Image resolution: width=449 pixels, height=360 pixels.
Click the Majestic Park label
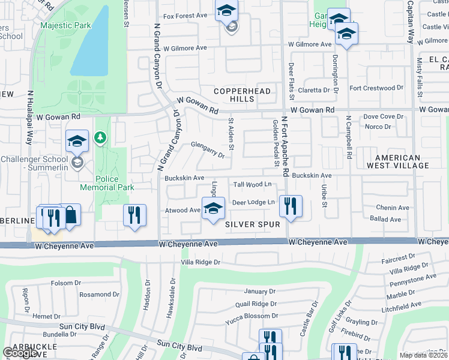point(65,26)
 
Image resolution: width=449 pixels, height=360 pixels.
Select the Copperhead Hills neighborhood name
point(243,95)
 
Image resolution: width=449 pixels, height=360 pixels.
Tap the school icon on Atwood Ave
point(213,208)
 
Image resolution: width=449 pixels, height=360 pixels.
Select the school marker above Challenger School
point(77,142)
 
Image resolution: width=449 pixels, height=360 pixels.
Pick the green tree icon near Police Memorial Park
point(100,139)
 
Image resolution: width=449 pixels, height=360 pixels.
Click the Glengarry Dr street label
point(208,149)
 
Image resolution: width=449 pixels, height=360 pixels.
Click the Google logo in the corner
point(20,353)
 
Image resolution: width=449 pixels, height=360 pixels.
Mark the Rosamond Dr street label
point(82,295)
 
